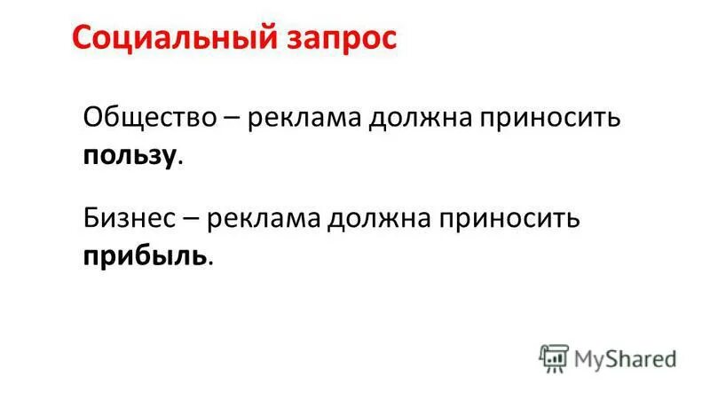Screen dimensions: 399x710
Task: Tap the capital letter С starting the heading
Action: point(81,38)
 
